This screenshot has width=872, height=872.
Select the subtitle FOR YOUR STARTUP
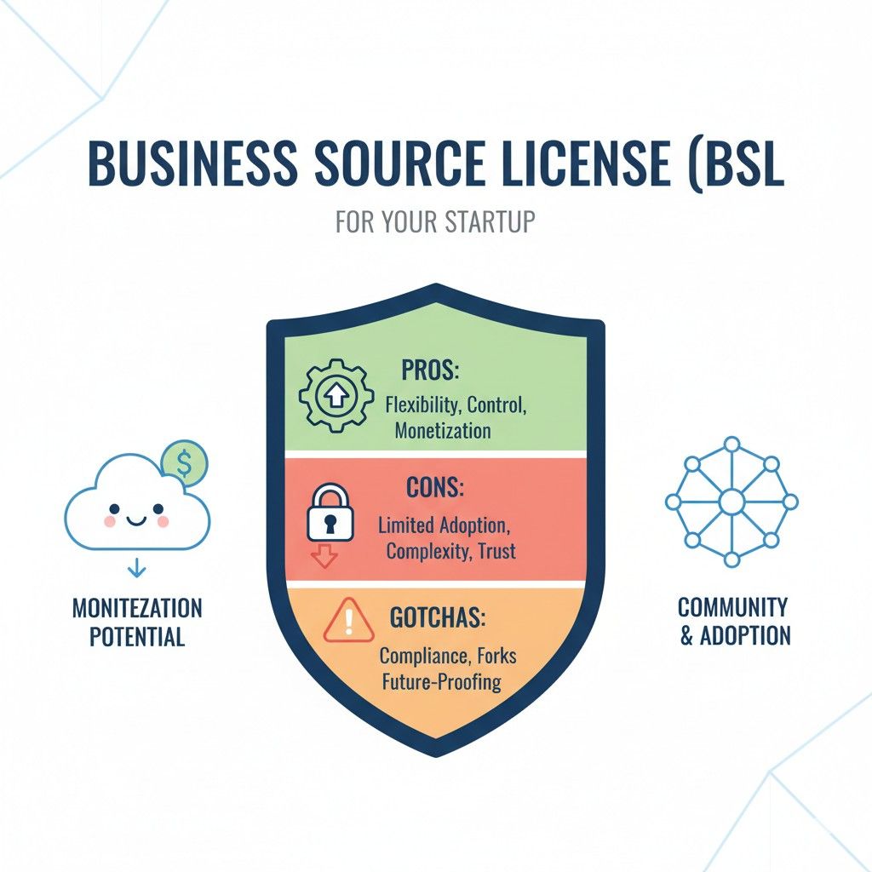[x=435, y=221]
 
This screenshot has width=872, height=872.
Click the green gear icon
[x=336, y=395]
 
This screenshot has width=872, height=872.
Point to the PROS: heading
[x=430, y=370]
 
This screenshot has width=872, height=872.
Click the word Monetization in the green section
[x=443, y=430]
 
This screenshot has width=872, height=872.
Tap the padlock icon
[x=330, y=512]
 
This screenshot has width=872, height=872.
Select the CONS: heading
[x=435, y=487]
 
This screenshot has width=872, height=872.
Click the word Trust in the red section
[x=496, y=551]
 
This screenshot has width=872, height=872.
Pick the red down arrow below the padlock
[x=324, y=555]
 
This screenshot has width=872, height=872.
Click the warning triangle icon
[x=348, y=620]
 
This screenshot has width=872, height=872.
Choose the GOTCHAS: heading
[x=438, y=617]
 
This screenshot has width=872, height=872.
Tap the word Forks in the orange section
[x=496, y=656]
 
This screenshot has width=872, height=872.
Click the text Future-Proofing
[x=442, y=682]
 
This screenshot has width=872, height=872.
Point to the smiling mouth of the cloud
[x=136, y=520]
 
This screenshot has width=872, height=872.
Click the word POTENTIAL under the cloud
[x=137, y=637]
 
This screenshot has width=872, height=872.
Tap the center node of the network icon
[x=731, y=502]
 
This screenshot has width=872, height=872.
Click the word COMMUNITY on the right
[x=733, y=606]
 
